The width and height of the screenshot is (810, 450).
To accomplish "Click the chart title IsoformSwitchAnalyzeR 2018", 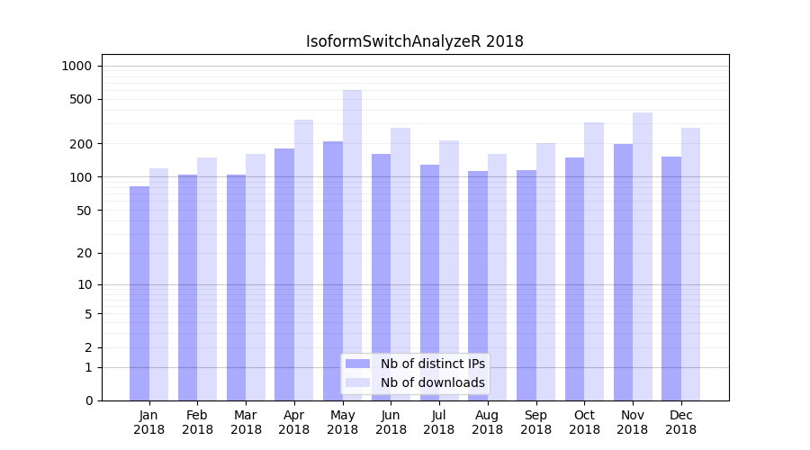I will tap(414, 41).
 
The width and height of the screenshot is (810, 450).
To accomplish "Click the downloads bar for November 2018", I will tap(643, 256).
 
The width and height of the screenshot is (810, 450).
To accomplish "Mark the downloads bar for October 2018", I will tap(594, 261).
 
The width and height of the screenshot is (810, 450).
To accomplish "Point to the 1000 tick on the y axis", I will tap(76, 66).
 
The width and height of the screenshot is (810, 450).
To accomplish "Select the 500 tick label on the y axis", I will tap(80, 99).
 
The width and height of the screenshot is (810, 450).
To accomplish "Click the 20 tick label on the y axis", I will tap(84, 253).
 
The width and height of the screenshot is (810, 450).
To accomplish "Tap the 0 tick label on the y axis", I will tap(87, 400).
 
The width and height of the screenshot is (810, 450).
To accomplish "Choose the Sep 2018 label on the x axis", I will tap(535, 422).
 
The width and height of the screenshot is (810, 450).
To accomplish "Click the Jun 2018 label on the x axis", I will tap(391, 422).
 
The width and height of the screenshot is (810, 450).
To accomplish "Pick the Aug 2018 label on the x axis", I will tap(487, 422).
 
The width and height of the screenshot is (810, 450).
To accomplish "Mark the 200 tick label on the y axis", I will tap(80, 144).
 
